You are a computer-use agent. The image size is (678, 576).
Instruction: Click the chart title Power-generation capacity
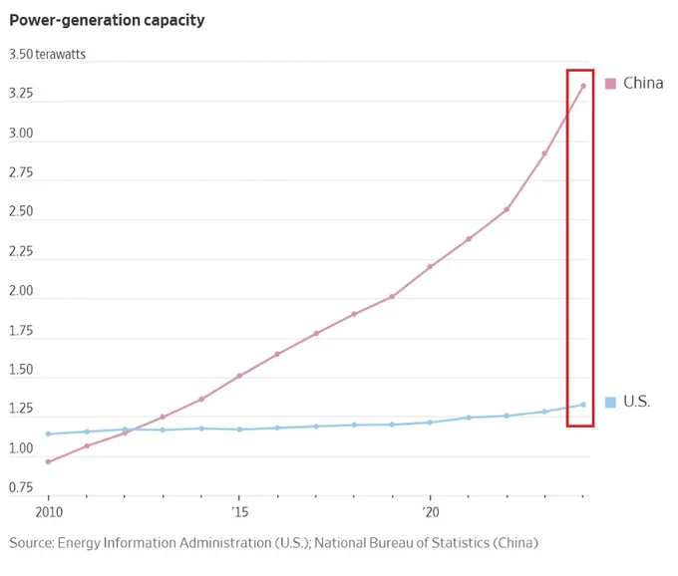pyautogui.click(x=107, y=20)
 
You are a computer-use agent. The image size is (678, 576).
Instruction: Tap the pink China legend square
pyautogui.click(x=610, y=84)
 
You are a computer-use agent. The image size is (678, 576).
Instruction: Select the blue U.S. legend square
pyautogui.click(x=610, y=403)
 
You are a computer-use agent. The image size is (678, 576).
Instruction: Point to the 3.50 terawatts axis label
pyautogui.click(x=47, y=54)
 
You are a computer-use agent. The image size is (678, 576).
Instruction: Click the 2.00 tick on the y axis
pyautogui.click(x=21, y=291)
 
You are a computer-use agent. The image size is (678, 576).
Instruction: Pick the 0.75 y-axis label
pyautogui.click(x=21, y=487)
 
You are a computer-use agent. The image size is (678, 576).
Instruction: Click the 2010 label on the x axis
pyautogui.click(x=49, y=512)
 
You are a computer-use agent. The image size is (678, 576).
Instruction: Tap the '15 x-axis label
pyautogui.click(x=239, y=512)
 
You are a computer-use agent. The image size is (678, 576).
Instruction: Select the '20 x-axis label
pyautogui.click(x=431, y=512)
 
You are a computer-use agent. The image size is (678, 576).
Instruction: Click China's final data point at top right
pyautogui.click(x=583, y=86)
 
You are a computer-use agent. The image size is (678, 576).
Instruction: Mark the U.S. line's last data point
pyautogui.click(x=583, y=405)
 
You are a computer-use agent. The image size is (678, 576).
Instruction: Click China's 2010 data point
pyautogui.click(x=48, y=462)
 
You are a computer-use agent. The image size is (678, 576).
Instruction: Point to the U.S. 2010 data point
pyautogui.click(x=48, y=433)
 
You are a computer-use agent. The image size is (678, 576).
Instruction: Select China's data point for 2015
pyautogui.click(x=239, y=376)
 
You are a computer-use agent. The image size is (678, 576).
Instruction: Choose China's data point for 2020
pyautogui.click(x=430, y=267)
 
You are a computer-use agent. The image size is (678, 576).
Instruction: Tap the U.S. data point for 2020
pyautogui.click(x=430, y=423)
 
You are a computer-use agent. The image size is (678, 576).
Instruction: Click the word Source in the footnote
pyautogui.click(x=32, y=543)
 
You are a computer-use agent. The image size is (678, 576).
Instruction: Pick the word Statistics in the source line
pyautogui.click(x=461, y=543)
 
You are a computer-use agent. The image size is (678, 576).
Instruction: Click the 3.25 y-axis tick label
pyautogui.click(x=21, y=94)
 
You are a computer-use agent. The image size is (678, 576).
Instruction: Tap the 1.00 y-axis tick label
pyautogui.click(x=21, y=448)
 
